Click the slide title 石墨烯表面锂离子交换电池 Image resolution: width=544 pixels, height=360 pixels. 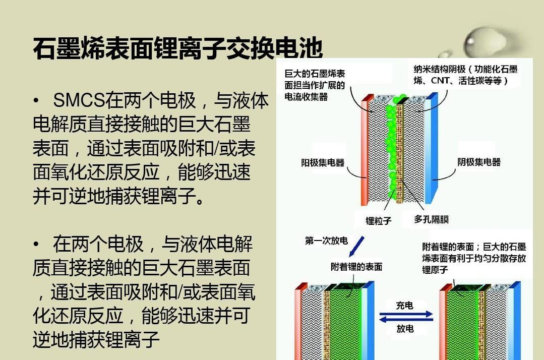(x=177, y=49)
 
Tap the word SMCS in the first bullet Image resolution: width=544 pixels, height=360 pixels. (x=79, y=101)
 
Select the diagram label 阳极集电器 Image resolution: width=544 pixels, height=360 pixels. (x=323, y=162)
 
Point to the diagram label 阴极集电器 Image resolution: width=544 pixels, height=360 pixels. (x=479, y=162)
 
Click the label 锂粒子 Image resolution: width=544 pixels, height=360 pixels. (x=378, y=220)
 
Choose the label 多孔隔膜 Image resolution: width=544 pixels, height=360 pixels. (x=431, y=219)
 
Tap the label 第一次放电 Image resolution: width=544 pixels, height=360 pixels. (x=326, y=241)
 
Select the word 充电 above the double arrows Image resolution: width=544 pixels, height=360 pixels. (x=404, y=305)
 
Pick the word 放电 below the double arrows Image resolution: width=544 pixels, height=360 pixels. (x=405, y=328)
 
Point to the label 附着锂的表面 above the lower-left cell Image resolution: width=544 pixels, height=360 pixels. (x=356, y=267)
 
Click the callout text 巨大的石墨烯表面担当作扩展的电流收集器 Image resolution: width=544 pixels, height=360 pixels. (x=315, y=85)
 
